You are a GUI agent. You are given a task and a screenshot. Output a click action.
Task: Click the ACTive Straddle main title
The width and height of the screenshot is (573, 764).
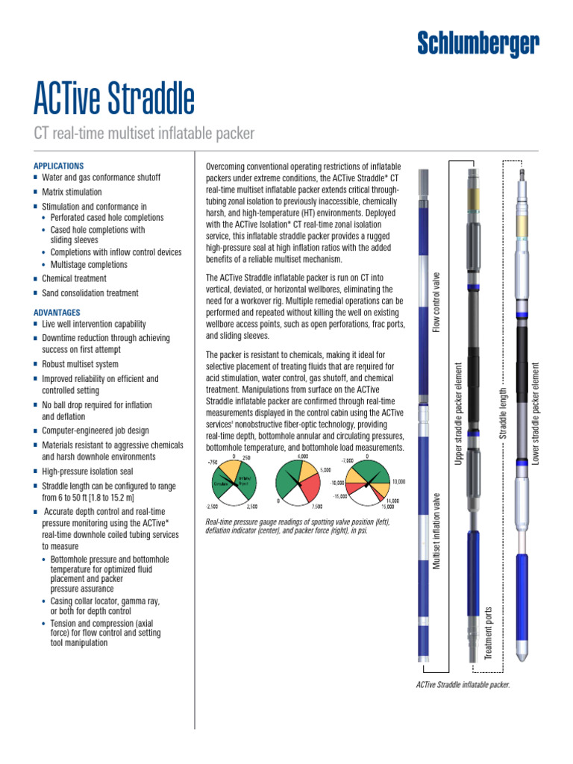click(114, 98)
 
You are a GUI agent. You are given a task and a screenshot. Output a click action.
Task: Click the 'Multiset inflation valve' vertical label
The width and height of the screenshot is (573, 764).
click(437, 530)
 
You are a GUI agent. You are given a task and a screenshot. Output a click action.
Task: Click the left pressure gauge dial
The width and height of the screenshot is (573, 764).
click(234, 480)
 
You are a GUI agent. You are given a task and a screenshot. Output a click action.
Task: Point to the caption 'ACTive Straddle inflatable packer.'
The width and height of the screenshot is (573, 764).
click(463, 685)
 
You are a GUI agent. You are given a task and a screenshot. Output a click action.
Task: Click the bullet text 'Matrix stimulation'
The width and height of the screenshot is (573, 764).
click(72, 192)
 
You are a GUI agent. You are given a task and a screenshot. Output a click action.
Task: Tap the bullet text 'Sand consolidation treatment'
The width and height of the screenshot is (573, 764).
click(90, 293)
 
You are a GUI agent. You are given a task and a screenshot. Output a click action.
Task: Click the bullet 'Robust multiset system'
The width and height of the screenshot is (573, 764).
click(80, 364)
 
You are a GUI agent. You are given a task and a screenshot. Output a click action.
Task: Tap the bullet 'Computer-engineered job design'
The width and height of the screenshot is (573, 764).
click(95, 430)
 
